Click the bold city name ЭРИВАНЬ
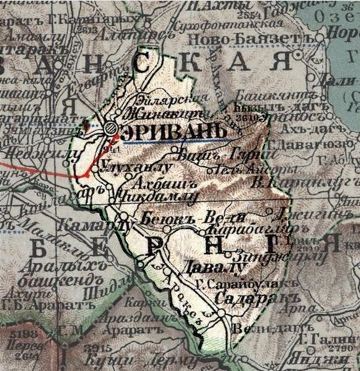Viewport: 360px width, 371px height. pos(157,132)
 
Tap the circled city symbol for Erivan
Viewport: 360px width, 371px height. pos(110,128)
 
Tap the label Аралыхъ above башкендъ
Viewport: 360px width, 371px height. pos(51,268)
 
